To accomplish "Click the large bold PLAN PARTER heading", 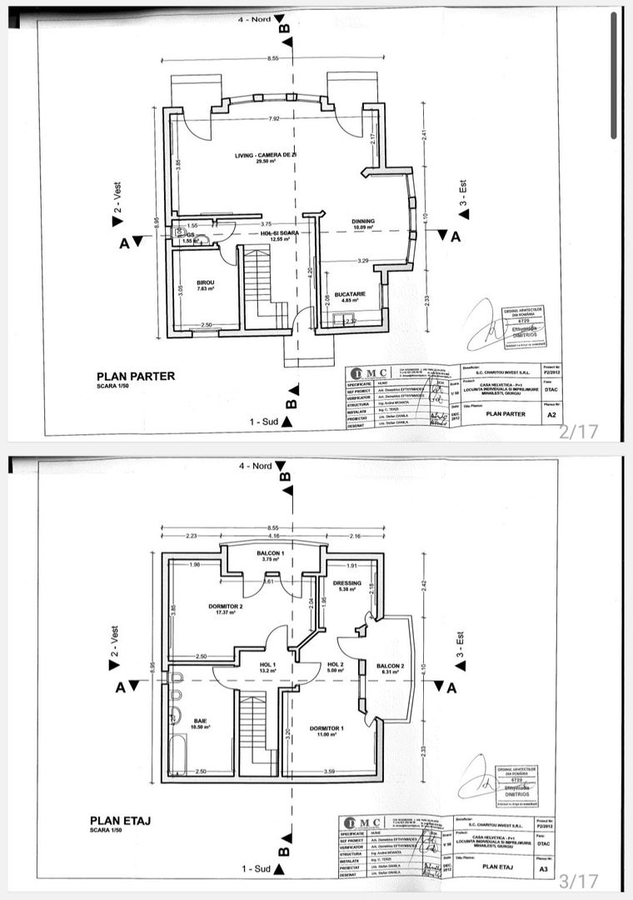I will (x=136, y=376).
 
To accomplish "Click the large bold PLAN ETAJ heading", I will (x=121, y=821).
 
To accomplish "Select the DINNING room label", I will (x=362, y=221).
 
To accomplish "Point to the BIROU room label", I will (x=206, y=283).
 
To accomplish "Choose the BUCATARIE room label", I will (x=351, y=294).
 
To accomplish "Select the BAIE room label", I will (x=201, y=720).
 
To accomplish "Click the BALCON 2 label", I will (x=391, y=666).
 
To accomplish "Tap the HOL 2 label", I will (x=336, y=664).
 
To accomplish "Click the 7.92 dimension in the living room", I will (x=274, y=119).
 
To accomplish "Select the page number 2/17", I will (x=578, y=432).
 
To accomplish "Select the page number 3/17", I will (x=578, y=880).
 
